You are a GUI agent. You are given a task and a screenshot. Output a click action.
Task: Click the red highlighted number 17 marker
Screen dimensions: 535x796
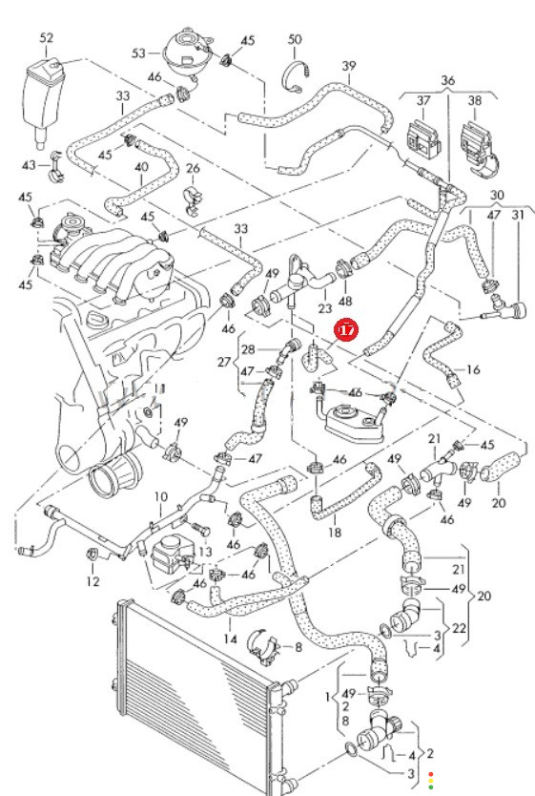coord(346,330)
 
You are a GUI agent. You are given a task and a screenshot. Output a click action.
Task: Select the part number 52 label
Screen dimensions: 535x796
coord(46,37)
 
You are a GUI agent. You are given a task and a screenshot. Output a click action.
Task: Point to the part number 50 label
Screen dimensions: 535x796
coord(295,39)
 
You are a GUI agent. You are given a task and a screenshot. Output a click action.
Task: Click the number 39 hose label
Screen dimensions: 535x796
coord(349,66)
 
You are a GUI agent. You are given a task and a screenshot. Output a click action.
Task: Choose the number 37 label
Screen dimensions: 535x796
coord(423,100)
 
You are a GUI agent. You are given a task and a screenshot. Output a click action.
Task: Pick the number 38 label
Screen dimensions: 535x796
coord(475,100)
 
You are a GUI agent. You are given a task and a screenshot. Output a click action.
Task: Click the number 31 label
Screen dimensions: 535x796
coord(518,215)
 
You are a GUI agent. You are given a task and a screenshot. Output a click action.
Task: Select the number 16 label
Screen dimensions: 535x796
coord(473,369)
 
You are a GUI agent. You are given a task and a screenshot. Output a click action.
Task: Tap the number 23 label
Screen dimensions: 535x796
coord(324,308)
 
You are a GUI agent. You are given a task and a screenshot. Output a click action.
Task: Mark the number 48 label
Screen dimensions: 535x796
coord(345,302)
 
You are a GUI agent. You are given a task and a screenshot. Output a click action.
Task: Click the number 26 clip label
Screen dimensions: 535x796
coord(194,168)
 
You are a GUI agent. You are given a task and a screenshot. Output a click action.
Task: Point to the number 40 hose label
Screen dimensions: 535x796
coord(141,167)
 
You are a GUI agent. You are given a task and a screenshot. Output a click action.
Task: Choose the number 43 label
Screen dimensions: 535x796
coord(29,165)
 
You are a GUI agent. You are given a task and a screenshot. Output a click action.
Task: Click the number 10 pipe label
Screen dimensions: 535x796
coord(160,496)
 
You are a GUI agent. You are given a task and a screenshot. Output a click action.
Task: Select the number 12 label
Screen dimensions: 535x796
coord(93,580)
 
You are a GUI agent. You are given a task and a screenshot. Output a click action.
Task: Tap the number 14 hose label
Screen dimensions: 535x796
coord(230,639)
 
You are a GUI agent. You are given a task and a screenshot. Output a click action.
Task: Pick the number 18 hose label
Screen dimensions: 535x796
coord(335,532)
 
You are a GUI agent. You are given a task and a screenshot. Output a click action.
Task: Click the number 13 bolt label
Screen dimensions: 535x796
coord(205,552)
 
